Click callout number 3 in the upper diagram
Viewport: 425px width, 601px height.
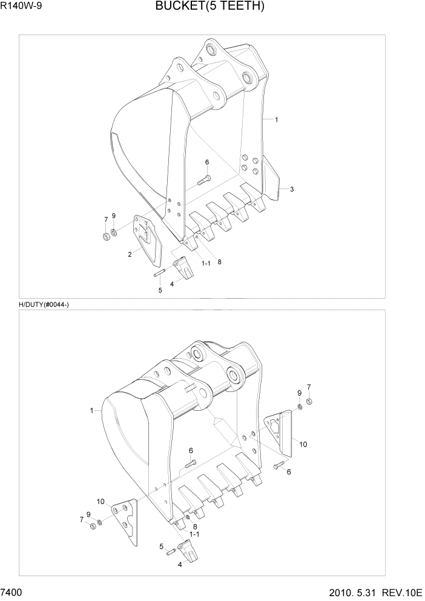pos(292,190)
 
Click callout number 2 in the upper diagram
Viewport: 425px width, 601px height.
pos(130,254)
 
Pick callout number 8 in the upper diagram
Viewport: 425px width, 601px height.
pos(219,262)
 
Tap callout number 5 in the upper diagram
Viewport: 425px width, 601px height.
pos(160,290)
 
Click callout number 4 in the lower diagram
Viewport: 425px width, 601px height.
pos(180,565)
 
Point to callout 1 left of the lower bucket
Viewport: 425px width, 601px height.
pos(92,410)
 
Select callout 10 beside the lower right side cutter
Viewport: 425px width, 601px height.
pos(303,444)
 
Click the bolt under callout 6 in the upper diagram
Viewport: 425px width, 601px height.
pos(203,179)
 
